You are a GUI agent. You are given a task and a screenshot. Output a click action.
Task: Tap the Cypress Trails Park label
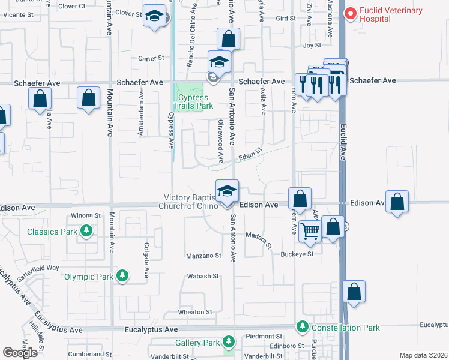[193, 101]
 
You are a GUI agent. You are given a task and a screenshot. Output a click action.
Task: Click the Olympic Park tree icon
[122, 276]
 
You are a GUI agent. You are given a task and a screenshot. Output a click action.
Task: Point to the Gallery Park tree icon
[228, 342]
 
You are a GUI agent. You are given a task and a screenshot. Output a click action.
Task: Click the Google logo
[20, 353]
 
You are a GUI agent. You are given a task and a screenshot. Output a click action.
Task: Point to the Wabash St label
[202, 276]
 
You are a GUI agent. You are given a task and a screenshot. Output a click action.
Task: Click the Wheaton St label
[195, 312]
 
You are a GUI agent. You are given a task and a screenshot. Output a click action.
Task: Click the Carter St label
[151, 58]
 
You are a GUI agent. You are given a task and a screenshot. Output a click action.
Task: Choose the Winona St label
[86, 215]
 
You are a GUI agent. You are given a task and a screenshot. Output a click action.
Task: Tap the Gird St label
[286, 19]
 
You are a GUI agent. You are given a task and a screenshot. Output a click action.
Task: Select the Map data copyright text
[422, 355]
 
